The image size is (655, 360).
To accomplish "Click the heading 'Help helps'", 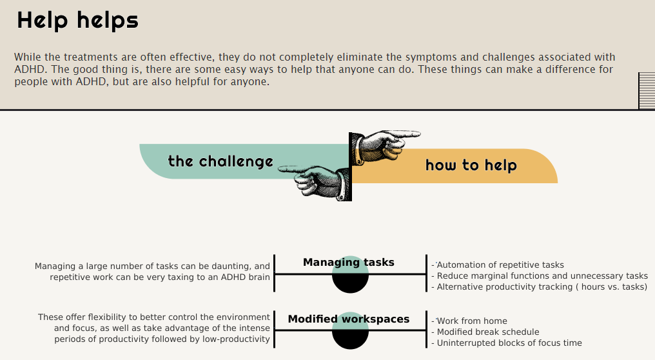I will [x=77, y=21].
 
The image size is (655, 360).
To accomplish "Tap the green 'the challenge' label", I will [x=220, y=161].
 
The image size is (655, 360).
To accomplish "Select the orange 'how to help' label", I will [x=471, y=166].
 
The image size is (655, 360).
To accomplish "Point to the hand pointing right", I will [x=387, y=145].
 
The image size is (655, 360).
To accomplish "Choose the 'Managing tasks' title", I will [x=349, y=263].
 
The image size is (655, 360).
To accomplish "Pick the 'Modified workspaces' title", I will [x=349, y=319].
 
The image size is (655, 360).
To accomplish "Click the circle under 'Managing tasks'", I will [x=350, y=276].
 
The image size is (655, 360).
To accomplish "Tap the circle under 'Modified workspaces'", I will [x=350, y=332].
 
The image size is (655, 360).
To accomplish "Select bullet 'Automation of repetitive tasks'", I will [x=500, y=265].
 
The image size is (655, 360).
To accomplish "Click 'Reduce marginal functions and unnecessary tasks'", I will [x=542, y=276].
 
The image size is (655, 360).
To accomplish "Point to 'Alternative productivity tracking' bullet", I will [x=542, y=287].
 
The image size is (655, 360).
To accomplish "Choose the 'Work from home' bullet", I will [x=472, y=321].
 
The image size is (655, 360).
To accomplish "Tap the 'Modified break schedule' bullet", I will [x=488, y=332].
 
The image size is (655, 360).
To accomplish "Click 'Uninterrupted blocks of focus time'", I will [x=509, y=343].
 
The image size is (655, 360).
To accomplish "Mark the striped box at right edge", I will [x=646, y=90].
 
